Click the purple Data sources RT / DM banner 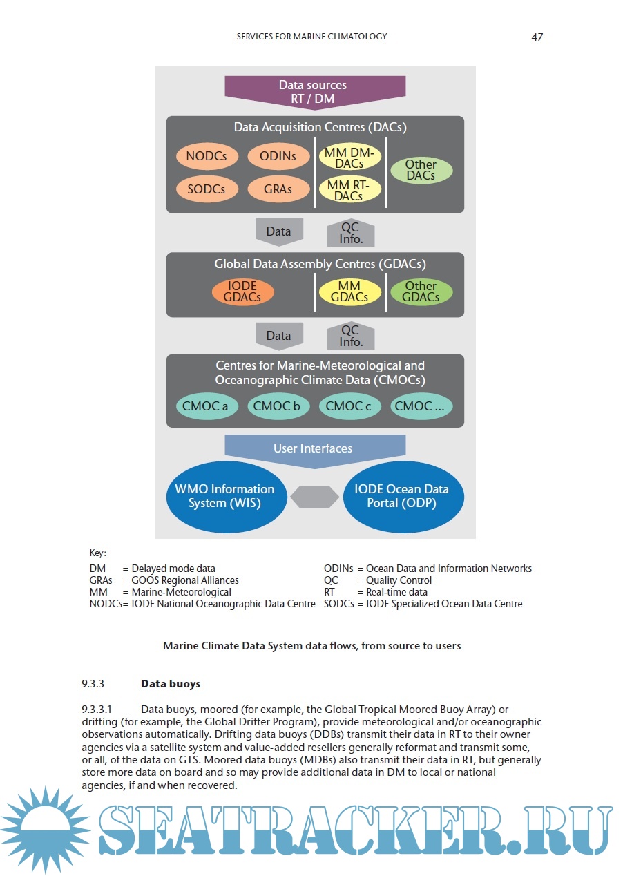(315, 92)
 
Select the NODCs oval (207, 156)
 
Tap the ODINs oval (278, 156)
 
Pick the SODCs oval (207, 189)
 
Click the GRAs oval (278, 189)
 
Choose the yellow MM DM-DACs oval (349, 158)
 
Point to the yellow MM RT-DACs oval (349, 190)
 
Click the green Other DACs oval (421, 170)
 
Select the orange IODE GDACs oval (242, 292)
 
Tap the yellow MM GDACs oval (349, 292)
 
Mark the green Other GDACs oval (421, 292)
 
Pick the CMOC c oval (349, 406)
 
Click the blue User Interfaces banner (315, 449)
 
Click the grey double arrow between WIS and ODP (314, 497)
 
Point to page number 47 (537, 37)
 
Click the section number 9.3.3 (93, 684)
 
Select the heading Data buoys (171, 684)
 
